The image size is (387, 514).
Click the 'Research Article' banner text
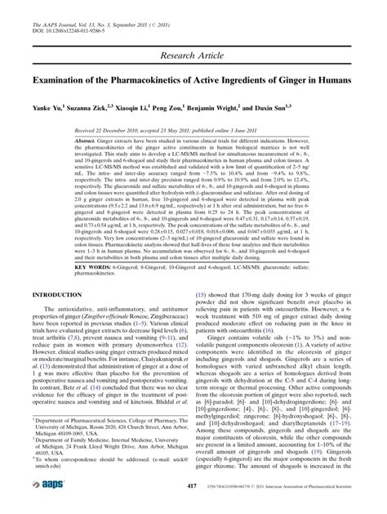193,55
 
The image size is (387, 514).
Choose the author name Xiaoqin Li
166,106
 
